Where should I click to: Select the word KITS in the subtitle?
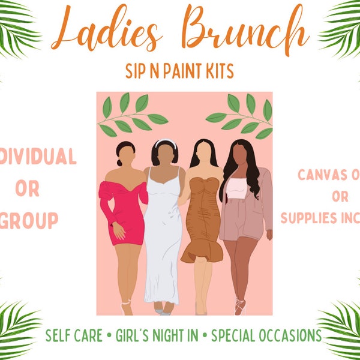click(216, 71)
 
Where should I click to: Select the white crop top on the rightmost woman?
click(236, 188)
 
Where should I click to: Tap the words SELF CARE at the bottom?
click(73, 334)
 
